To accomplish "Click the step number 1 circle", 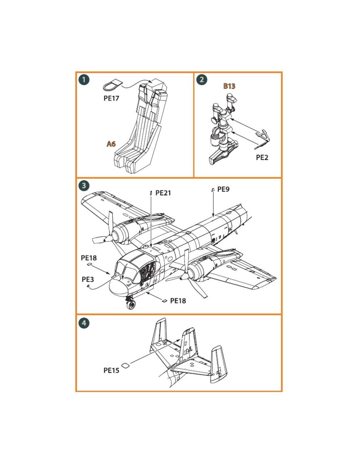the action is [84, 79].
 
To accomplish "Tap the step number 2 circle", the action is [202, 79].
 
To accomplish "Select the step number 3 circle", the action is [84, 185].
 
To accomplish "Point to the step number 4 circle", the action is [84, 323].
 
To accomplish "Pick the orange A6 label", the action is [111, 144].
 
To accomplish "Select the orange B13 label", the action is [229, 86].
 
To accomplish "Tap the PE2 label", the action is [262, 158].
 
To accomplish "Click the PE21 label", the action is [163, 193].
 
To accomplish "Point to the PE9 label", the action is [224, 189].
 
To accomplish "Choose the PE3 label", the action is [88, 279].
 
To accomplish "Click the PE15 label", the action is [111, 370].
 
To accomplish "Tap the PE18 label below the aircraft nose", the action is [178, 301].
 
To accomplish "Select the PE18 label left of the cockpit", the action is [89, 258].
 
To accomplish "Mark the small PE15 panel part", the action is [125, 365].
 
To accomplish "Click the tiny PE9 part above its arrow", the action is [213, 190].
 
